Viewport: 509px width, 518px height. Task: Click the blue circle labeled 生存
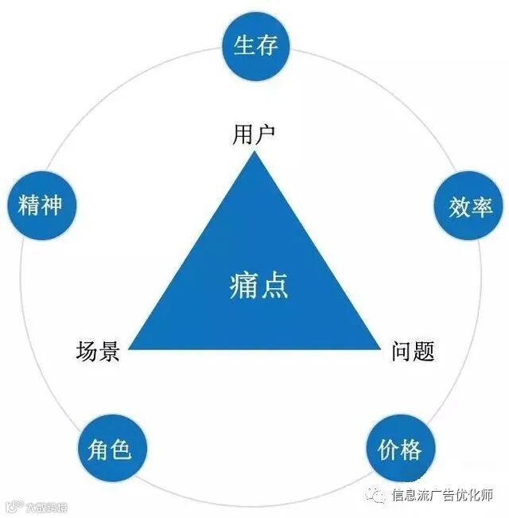tap(255, 45)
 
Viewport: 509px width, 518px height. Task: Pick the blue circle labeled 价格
tap(400, 450)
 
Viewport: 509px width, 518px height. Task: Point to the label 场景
tap(98, 351)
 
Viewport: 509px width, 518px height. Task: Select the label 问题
tap(414, 351)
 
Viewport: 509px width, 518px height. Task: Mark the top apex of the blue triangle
tap(254, 152)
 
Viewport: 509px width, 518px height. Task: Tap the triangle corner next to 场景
tap(130, 348)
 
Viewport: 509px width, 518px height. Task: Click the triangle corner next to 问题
tap(380, 348)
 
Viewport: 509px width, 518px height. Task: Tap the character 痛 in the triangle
tap(243, 285)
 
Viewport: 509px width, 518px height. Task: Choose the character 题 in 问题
tap(425, 351)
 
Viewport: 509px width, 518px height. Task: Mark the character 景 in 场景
tap(109, 351)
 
